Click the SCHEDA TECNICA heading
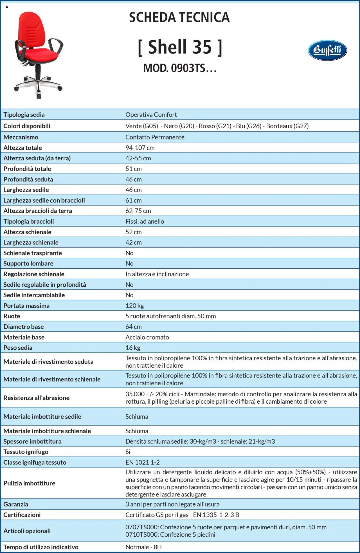[179, 17]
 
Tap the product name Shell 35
[180, 47]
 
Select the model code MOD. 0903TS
[180, 68]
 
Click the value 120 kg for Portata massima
[134, 305]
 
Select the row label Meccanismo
[21, 137]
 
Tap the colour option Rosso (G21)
[215, 126]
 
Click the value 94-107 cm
[140, 148]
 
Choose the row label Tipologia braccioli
[28, 221]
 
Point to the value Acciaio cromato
[147, 337]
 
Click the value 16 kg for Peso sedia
[133, 348]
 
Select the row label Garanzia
[16, 504]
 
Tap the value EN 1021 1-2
[142, 462]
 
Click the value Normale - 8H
[143, 547]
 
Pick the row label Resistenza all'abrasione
[36, 398]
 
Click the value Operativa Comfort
[151, 114]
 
